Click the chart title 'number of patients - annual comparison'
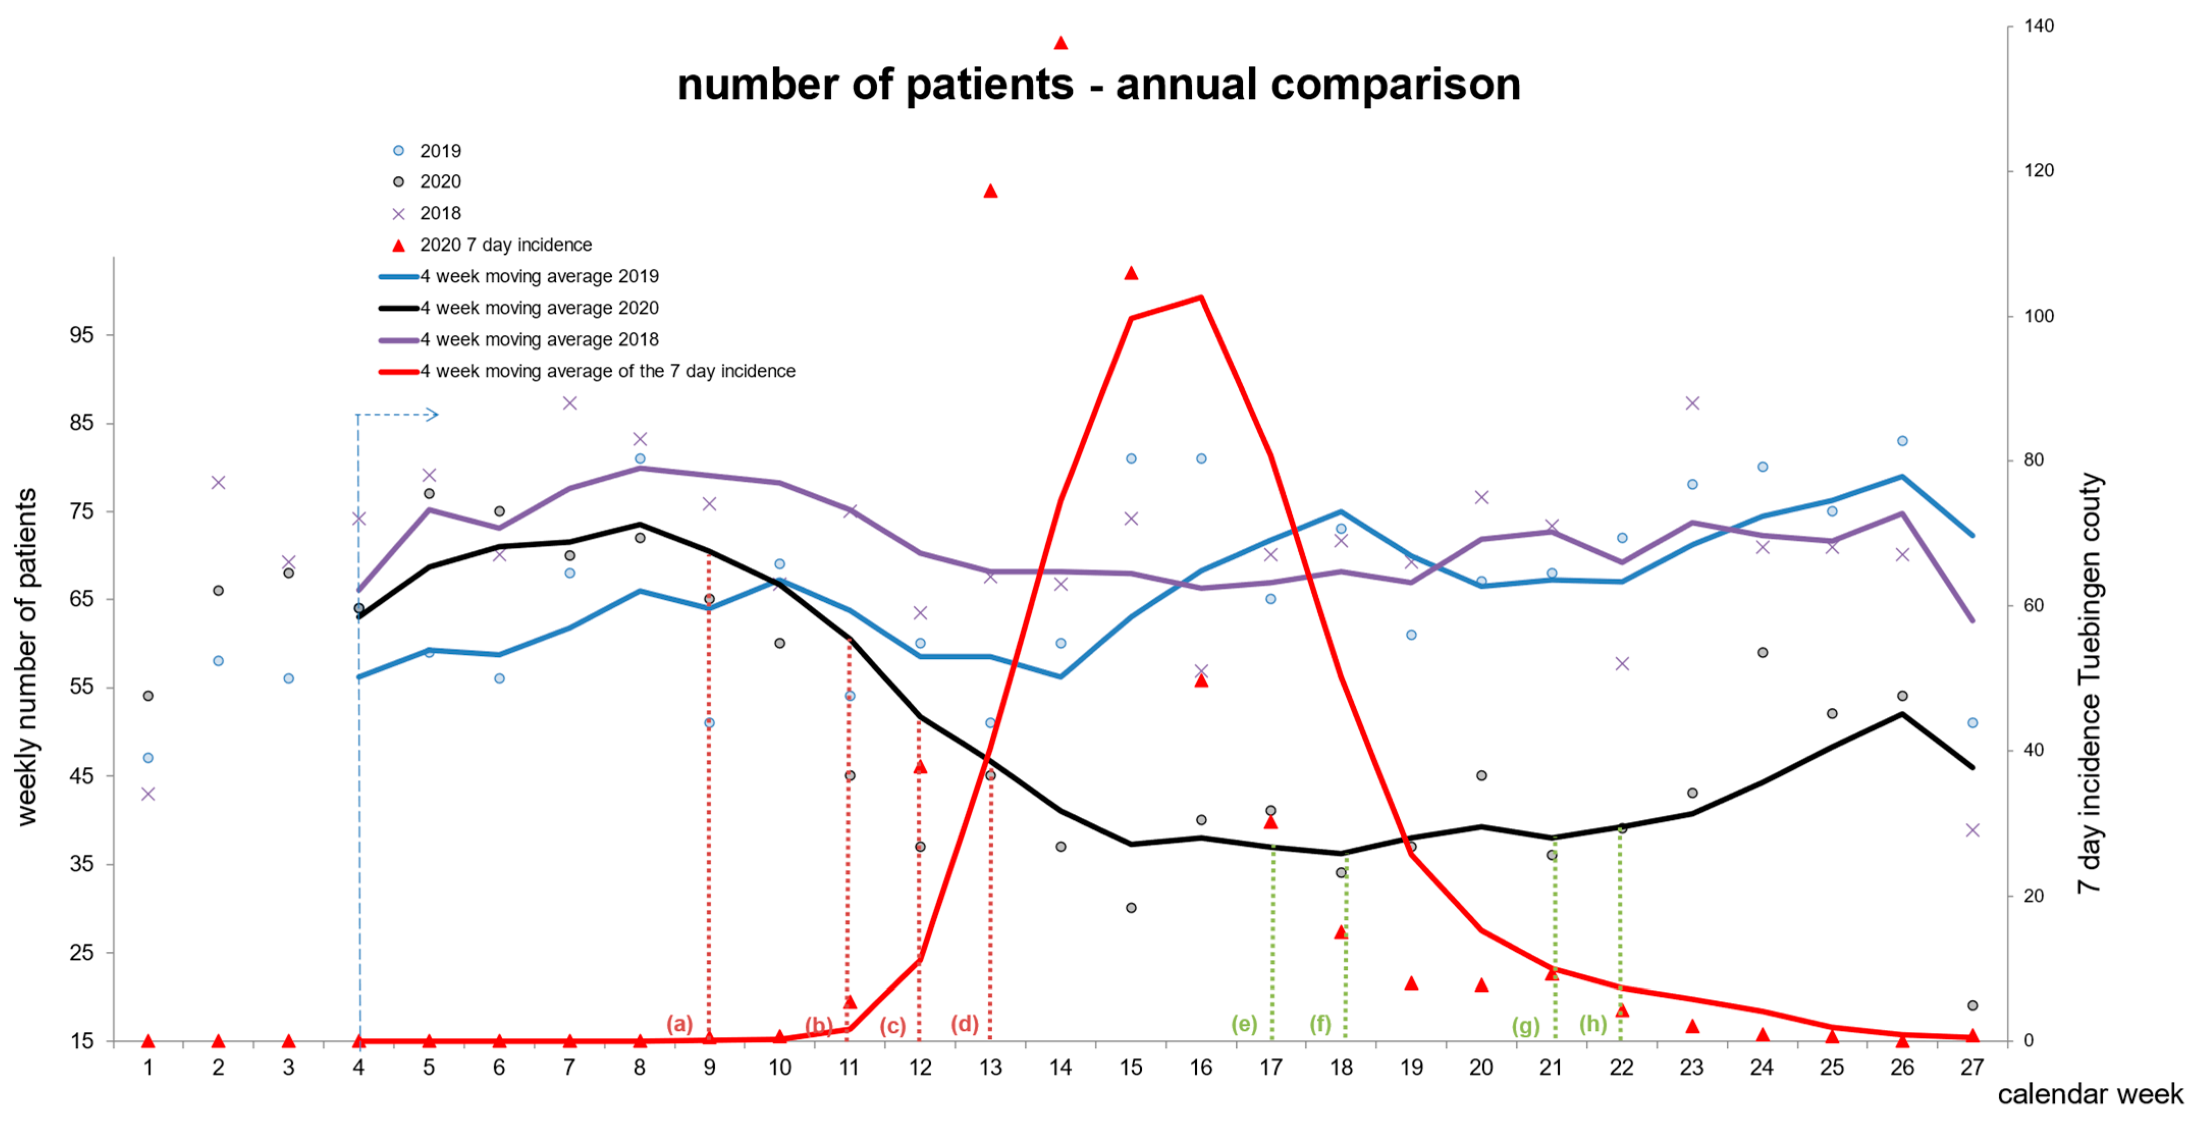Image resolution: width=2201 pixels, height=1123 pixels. pos(1099,85)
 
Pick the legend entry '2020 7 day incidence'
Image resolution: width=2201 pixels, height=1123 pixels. pos(506,245)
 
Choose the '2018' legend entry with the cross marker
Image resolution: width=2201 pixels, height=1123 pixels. pos(440,213)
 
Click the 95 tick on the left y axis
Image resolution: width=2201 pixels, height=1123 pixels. pos(82,335)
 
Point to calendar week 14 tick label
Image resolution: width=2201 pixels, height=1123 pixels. pos(1061,1067)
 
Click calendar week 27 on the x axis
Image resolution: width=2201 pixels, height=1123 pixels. pos(1972,1067)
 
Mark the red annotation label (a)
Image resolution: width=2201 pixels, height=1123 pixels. pos(680,1024)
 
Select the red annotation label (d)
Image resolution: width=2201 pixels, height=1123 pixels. pos(965,1024)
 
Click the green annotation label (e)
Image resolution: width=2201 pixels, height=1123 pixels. pos(1244,1024)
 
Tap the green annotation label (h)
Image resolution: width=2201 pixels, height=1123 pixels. pos(1593,1024)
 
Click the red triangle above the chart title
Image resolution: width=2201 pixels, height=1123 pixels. pos(1061,43)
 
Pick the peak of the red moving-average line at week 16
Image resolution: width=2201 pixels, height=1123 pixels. pos(1201,298)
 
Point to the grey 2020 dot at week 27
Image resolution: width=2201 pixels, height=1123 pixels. pos(1972,1006)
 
